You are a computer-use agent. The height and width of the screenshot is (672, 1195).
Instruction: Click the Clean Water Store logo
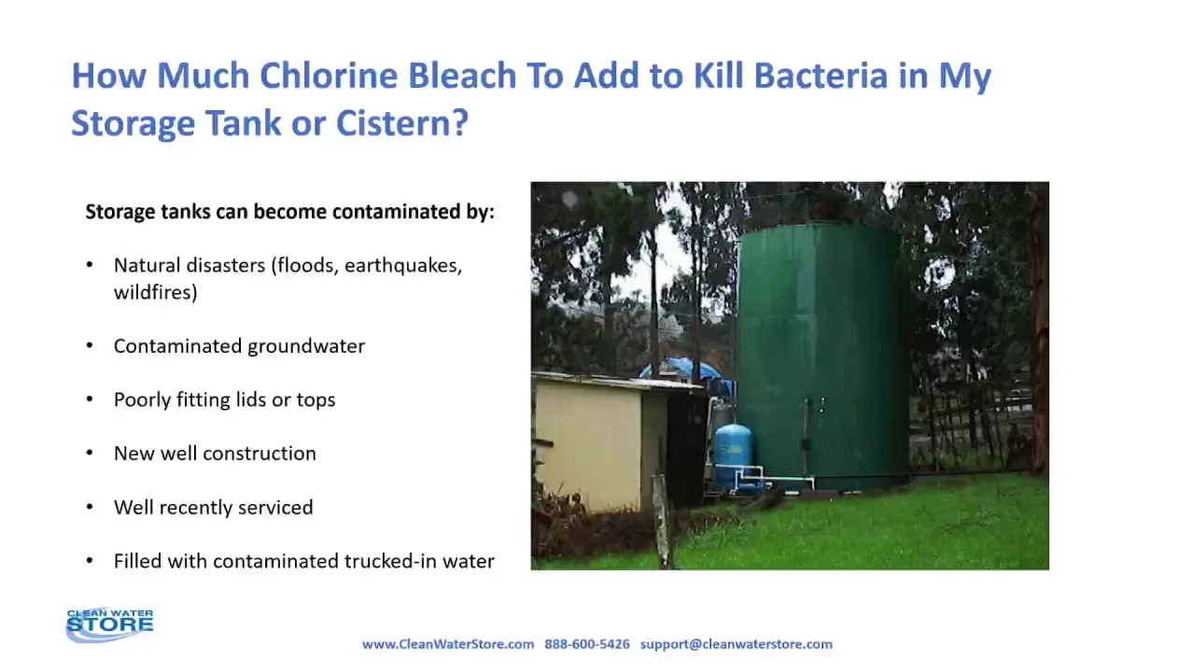[x=109, y=624]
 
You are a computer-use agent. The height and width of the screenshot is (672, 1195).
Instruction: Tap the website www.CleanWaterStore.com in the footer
[x=448, y=644]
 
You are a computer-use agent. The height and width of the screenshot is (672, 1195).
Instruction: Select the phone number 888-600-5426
[x=587, y=644]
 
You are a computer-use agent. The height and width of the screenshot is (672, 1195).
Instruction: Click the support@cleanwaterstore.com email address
[x=737, y=644]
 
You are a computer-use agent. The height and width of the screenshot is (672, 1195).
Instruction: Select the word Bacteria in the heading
[x=821, y=76]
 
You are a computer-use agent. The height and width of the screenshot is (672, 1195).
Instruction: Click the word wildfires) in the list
[x=156, y=292]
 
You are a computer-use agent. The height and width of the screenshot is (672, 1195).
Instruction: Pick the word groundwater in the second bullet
[x=306, y=346]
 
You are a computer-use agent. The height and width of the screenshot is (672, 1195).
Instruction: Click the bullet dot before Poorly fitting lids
[x=90, y=399]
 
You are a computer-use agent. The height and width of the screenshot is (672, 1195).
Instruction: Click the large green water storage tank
[x=822, y=355]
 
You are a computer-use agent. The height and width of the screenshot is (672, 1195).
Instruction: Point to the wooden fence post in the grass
[x=662, y=521]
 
